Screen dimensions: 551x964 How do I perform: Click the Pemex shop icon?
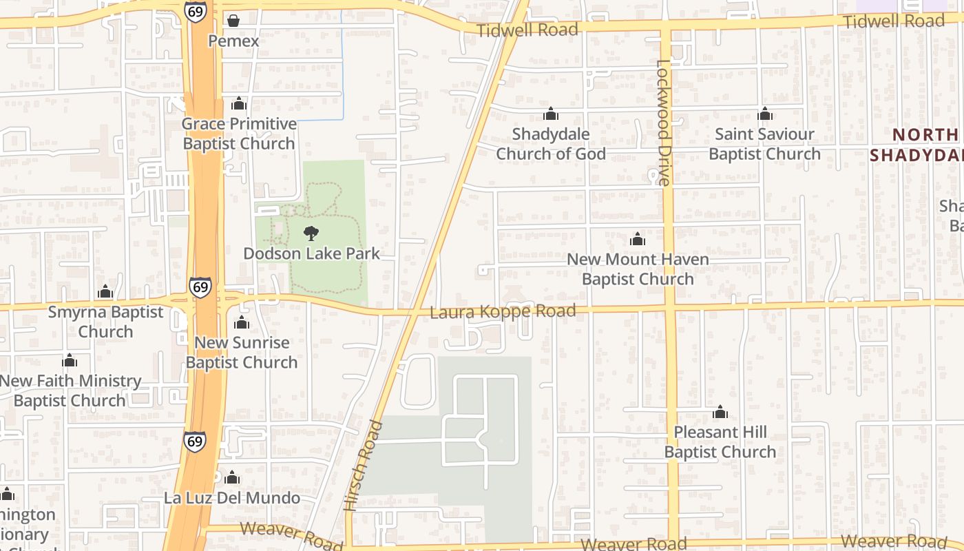pyautogui.click(x=233, y=21)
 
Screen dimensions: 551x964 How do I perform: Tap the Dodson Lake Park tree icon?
pyautogui.click(x=311, y=233)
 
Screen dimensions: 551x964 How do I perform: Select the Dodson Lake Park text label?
pyautogui.click(x=311, y=253)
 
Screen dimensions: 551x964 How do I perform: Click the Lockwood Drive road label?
pyautogui.click(x=662, y=123)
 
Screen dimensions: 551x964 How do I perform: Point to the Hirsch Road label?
pyautogui.click(x=363, y=466)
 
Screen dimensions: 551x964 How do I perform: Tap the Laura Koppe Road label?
pyautogui.click(x=503, y=312)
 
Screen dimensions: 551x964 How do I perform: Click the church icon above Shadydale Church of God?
pyautogui.click(x=551, y=114)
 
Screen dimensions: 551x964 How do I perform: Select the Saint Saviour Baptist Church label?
pyautogui.click(x=764, y=144)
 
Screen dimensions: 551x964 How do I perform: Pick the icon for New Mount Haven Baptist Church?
pyautogui.click(x=638, y=239)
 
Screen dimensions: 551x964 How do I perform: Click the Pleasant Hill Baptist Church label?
pyautogui.click(x=720, y=442)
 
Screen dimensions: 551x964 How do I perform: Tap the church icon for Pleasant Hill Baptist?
pyautogui.click(x=720, y=412)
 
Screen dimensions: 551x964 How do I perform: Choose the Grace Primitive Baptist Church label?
pyautogui.click(x=239, y=134)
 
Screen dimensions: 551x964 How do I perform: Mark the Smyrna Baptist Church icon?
pyautogui.click(x=105, y=291)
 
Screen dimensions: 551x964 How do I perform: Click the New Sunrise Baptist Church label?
pyautogui.click(x=242, y=352)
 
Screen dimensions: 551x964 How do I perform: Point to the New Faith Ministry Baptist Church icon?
pyautogui.click(x=70, y=360)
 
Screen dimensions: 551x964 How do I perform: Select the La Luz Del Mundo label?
pyautogui.click(x=232, y=497)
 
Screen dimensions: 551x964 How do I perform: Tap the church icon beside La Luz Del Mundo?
pyautogui.click(x=232, y=477)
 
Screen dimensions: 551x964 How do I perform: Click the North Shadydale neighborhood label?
pyautogui.click(x=916, y=145)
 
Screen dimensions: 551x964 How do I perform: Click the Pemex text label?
pyautogui.click(x=233, y=41)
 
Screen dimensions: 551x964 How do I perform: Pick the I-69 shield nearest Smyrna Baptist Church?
pyautogui.click(x=200, y=287)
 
